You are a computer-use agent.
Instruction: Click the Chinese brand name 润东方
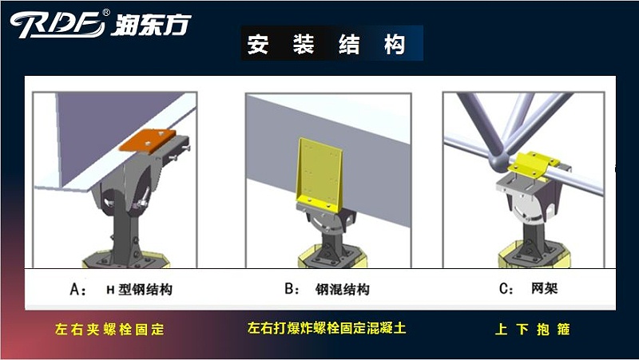[x=151, y=23]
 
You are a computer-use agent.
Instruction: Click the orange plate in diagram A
[x=148, y=140]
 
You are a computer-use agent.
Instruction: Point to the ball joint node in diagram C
[x=498, y=162]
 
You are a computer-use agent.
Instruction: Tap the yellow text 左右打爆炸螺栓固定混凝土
[x=327, y=328]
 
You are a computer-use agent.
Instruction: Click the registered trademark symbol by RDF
[x=107, y=13]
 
